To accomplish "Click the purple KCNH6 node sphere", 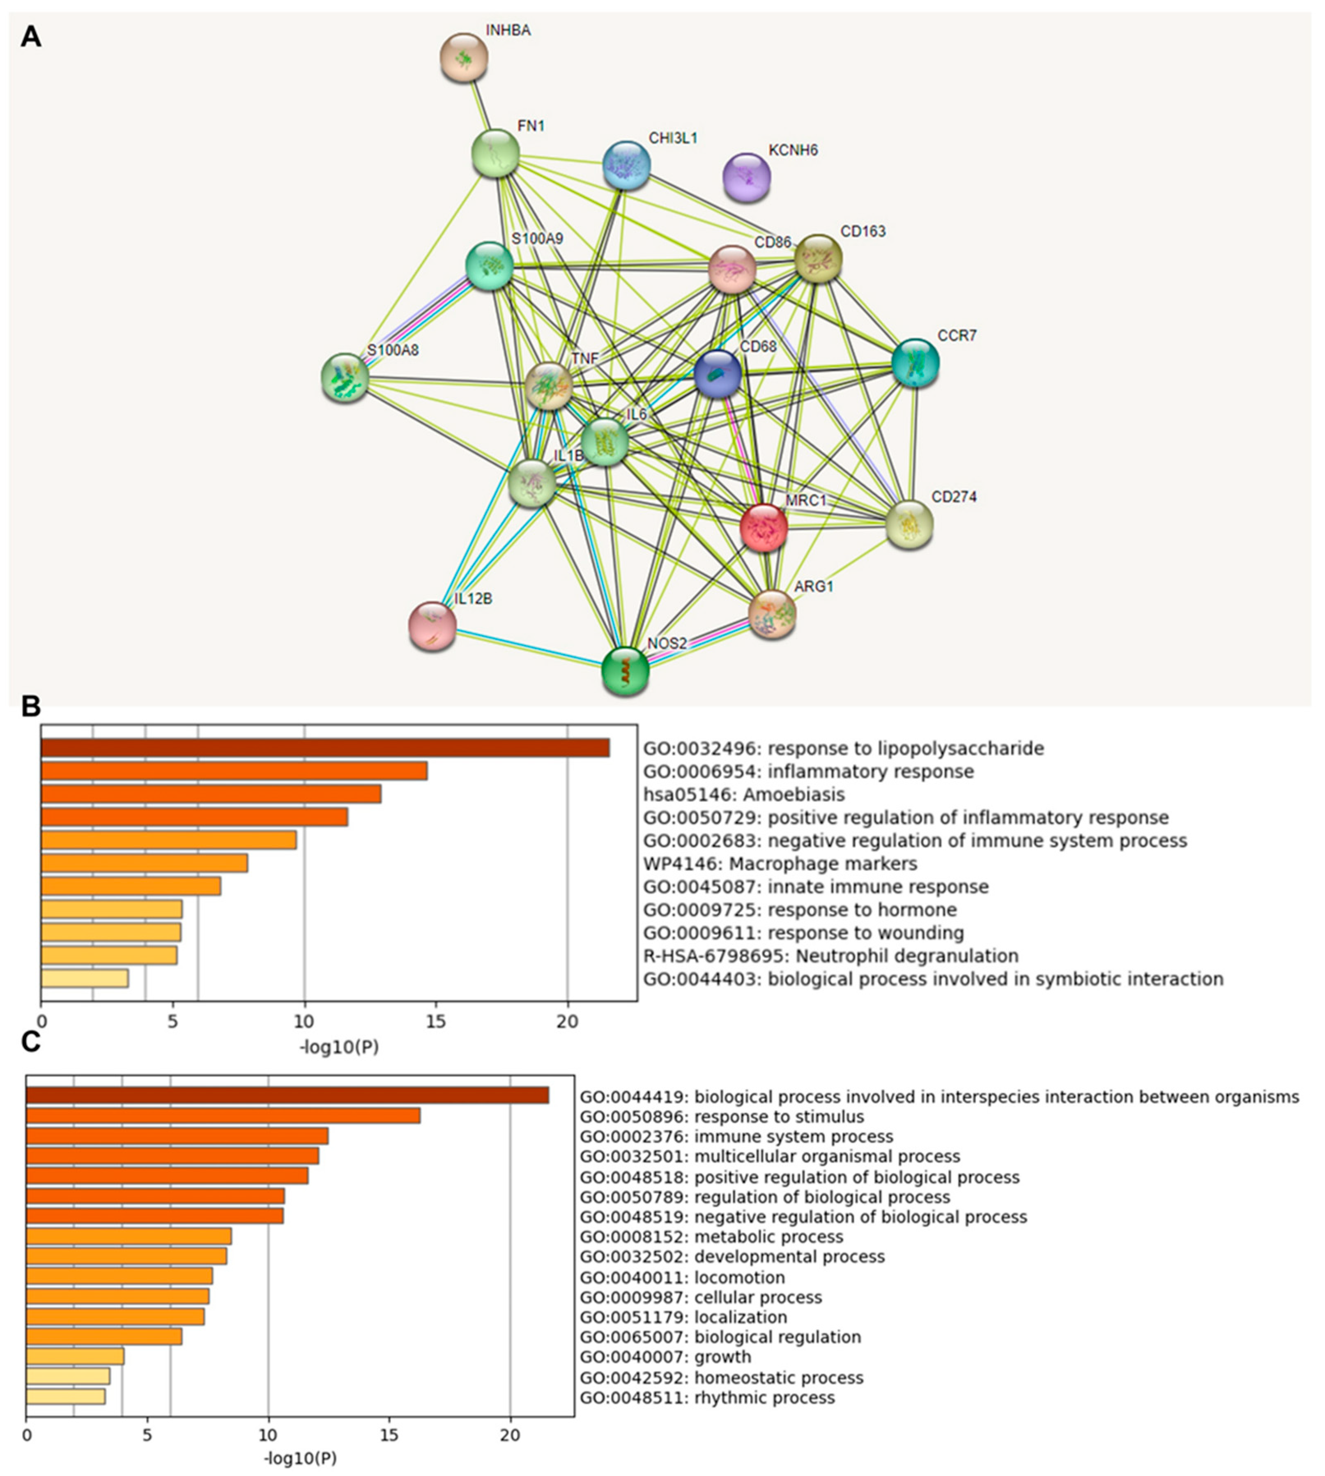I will pyautogui.click(x=746, y=177).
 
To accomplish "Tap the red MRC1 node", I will pyautogui.click(x=763, y=527).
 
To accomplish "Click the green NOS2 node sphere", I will pyautogui.click(x=626, y=670).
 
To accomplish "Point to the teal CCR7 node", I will pyautogui.click(x=915, y=362).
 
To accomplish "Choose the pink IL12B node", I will pyautogui.click(x=432, y=626).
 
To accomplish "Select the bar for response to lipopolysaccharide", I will pyautogui.click(x=325, y=748).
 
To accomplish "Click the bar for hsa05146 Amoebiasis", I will pyautogui.click(x=211, y=794).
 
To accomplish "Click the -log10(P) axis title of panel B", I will pyautogui.click(x=339, y=1047).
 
